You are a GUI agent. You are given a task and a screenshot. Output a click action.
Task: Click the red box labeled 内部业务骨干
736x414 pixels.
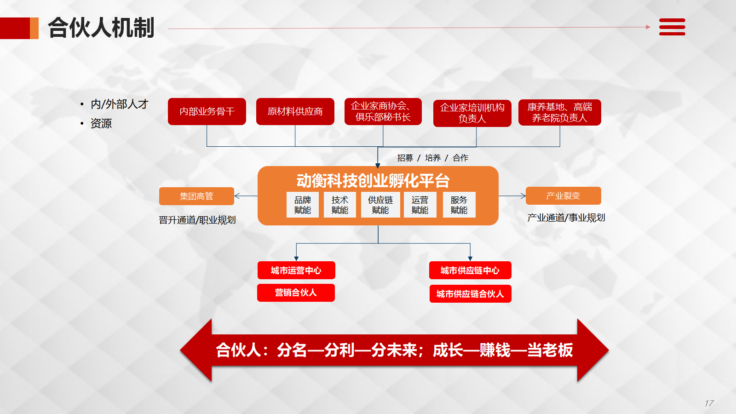click(207, 111)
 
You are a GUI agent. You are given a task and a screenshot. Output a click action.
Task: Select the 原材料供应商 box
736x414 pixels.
click(295, 111)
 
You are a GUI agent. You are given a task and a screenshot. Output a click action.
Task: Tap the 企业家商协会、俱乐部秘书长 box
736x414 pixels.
click(383, 111)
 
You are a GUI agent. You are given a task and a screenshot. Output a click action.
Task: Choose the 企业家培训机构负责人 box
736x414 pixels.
click(472, 113)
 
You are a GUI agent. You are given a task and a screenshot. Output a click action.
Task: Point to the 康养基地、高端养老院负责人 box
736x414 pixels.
click(559, 112)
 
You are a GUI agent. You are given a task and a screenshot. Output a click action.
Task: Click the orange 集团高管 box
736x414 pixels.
click(196, 196)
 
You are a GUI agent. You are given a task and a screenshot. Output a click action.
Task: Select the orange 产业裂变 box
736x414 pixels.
click(563, 195)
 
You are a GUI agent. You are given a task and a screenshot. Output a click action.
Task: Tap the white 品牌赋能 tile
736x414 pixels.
click(302, 205)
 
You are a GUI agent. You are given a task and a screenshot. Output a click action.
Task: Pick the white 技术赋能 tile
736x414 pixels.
click(339, 205)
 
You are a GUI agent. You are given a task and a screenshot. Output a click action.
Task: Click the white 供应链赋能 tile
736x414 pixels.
click(380, 205)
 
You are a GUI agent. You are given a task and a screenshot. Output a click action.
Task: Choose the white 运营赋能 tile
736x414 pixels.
click(420, 205)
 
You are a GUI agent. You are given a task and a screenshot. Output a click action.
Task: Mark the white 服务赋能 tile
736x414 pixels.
click(459, 205)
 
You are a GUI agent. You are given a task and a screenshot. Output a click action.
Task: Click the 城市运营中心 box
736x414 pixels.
click(296, 270)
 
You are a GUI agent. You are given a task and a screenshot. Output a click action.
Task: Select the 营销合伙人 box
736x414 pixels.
click(295, 293)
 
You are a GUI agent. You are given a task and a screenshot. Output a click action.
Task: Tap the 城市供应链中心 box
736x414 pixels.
click(470, 270)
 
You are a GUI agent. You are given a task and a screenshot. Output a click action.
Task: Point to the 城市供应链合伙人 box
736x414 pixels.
click(470, 293)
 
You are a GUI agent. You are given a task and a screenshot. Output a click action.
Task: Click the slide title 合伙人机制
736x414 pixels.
click(101, 28)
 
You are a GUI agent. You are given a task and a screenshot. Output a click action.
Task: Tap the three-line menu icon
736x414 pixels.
click(672, 27)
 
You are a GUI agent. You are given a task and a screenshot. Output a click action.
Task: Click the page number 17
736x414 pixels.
click(709, 403)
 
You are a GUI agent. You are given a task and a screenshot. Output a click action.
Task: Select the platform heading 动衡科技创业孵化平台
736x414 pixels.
click(373, 181)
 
